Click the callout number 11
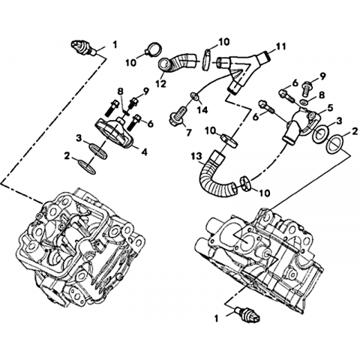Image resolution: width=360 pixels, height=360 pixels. pos(281,46)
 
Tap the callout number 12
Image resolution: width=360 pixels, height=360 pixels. pos(160,83)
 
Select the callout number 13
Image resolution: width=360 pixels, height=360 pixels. pos(196,157)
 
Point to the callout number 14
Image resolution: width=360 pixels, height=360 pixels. pos(202,109)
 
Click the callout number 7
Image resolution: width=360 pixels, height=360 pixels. pos(188,131)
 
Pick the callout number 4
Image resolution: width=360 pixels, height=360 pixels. pos(145,151)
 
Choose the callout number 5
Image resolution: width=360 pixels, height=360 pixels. pos(330,108)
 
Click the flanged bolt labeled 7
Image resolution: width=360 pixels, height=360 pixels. pos(177,115)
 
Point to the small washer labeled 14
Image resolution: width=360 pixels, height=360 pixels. pos(195,96)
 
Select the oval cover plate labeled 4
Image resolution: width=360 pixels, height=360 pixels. pos(115,131)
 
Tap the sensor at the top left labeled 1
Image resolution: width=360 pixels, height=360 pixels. pos(83,48)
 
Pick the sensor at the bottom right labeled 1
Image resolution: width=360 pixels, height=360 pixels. pos(247,314)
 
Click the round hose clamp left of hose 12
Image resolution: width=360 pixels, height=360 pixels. pos(153,49)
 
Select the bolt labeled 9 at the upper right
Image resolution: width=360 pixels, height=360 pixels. pos(307,88)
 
